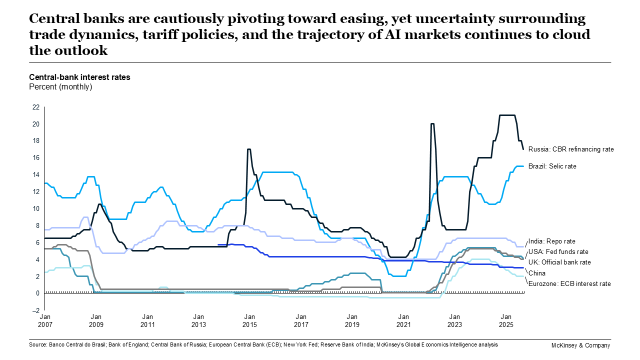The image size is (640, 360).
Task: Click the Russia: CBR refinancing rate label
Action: pyautogui.click(x=570, y=149)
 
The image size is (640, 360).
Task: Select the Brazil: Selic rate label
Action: pyautogui.click(x=552, y=166)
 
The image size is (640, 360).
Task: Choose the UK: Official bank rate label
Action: pyautogui.click(x=560, y=262)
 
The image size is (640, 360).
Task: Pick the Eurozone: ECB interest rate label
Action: pyautogui.click(x=569, y=283)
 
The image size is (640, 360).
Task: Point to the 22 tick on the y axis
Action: pyautogui.click(x=35, y=107)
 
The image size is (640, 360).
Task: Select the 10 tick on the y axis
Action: pyautogui.click(x=35, y=208)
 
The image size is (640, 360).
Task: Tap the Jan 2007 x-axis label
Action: pyautogui.click(x=45, y=320)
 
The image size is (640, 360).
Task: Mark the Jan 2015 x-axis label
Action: pyautogui.click(x=249, y=320)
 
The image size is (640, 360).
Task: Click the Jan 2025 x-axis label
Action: pyautogui.click(x=505, y=320)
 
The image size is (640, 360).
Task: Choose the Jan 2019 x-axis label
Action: pyautogui.click(x=352, y=320)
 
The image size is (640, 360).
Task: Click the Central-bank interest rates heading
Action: pyautogui.click(x=79, y=77)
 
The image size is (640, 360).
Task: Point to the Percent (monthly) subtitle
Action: pyautogui.click(x=60, y=86)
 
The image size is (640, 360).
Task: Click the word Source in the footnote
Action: pyautogui.click(x=38, y=345)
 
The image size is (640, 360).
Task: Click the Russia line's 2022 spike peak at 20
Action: pyautogui.click(x=432, y=123)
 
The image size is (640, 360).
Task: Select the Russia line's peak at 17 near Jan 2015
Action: pyautogui.click(x=249, y=149)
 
